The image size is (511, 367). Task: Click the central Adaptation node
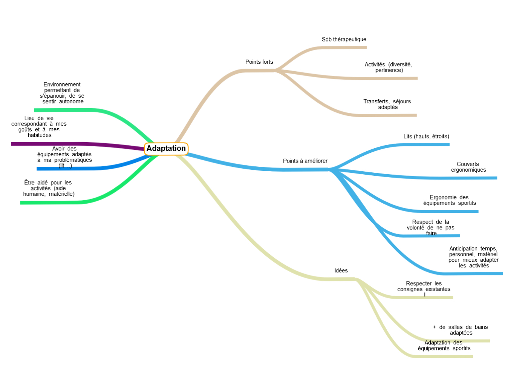(x=166, y=149)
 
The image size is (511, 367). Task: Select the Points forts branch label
(x=259, y=62)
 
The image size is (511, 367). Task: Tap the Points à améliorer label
(x=305, y=161)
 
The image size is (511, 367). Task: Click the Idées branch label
(x=341, y=270)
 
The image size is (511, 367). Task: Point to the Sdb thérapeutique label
(x=344, y=39)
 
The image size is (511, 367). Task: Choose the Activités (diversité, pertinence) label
(x=388, y=67)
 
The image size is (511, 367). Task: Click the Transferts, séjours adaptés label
(x=387, y=104)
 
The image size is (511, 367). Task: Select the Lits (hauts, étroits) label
(x=426, y=137)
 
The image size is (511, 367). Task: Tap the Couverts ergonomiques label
(x=468, y=167)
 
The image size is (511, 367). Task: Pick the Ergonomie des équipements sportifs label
(x=449, y=200)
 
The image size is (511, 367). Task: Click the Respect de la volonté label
(x=430, y=227)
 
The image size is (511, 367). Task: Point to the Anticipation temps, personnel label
(x=473, y=257)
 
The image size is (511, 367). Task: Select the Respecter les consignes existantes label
(x=424, y=286)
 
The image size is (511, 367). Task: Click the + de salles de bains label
(x=461, y=330)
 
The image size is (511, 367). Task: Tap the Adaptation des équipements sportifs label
(x=444, y=345)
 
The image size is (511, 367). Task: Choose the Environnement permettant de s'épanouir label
(x=62, y=93)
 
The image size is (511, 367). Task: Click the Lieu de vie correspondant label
(x=39, y=126)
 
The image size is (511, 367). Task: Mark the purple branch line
(x=75, y=144)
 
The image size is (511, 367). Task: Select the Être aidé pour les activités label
(x=49, y=188)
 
